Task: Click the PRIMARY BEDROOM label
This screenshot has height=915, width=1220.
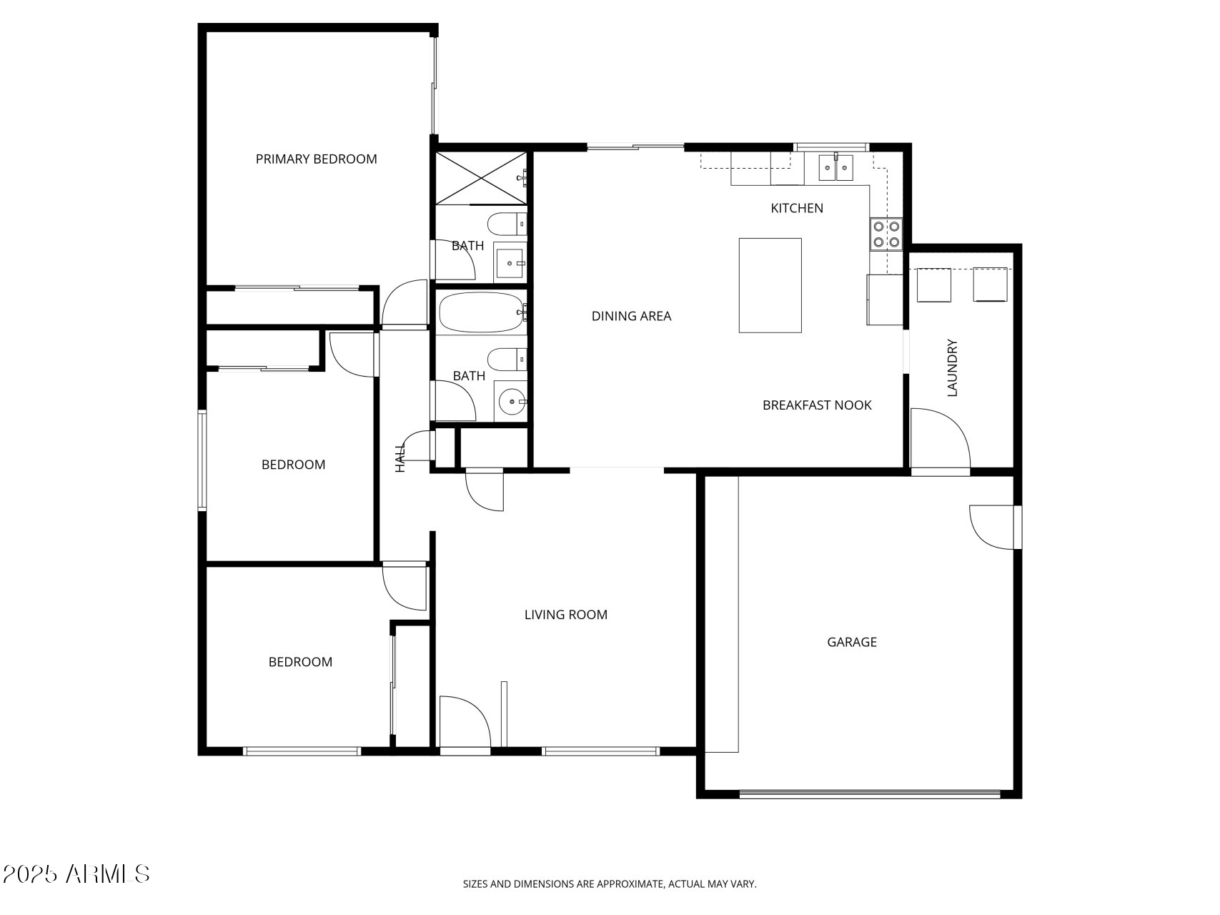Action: (x=316, y=159)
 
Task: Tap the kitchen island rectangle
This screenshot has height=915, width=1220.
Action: (x=770, y=285)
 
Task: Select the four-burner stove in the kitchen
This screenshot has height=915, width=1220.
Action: (x=886, y=234)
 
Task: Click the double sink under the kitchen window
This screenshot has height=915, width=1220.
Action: (x=835, y=168)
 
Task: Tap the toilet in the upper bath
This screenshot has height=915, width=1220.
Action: (x=507, y=224)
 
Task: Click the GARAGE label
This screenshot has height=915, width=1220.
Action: (x=851, y=642)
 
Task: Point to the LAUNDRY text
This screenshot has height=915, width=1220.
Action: (x=951, y=367)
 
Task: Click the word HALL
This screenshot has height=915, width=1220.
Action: (x=400, y=457)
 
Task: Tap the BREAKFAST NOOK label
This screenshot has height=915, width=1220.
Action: (x=817, y=405)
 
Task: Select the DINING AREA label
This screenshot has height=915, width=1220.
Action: (x=631, y=316)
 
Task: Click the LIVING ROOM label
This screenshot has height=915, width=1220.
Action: (x=565, y=615)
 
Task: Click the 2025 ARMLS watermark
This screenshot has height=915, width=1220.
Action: (x=76, y=874)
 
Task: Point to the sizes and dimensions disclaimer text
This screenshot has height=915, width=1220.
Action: (x=609, y=884)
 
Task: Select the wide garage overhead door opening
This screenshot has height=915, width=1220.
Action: (x=869, y=793)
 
